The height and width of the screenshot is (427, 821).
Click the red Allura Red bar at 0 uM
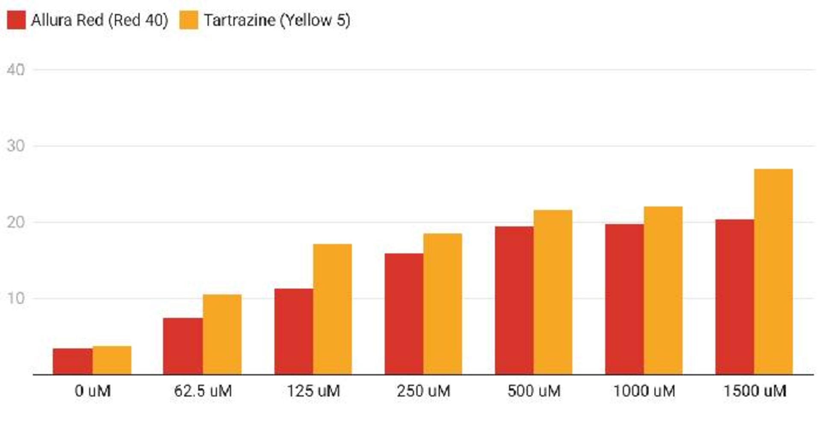[x=72, y=362]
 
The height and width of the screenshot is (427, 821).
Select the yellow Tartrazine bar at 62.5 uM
[x=222, y=335]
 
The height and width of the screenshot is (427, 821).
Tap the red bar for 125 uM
[x=293, y=332]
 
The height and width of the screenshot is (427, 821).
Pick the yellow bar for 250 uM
[x=443, y=304]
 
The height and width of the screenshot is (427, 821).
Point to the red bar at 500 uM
[x=514, y=300]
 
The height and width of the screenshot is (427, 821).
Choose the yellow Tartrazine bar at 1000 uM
[x=663, y=291]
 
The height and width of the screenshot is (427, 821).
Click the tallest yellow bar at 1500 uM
[x=773, y=272]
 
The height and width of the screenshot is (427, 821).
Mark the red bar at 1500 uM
[x=734, y=297]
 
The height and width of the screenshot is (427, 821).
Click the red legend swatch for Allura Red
[x=16, y=20]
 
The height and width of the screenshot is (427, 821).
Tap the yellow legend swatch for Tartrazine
[x=189, y=20]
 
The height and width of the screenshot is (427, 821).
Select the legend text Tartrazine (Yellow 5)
[x=277, y=20]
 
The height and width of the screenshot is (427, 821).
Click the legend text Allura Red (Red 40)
[x=100, y=20]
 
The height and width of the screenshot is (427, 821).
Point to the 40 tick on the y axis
[x=16, y=70]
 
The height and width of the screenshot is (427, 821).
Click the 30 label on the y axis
[x=16, y=146]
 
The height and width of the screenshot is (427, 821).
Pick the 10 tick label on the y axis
[x=16, y=298]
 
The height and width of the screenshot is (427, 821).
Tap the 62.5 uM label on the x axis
[x=203, y=391]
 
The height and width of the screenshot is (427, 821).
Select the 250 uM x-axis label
[x=423, y=391]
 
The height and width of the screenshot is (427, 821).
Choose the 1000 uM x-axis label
[x=644, y=391]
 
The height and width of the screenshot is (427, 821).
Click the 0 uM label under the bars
[x=92, y=391]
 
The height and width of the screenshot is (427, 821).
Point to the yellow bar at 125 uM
[x=332, y=309]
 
